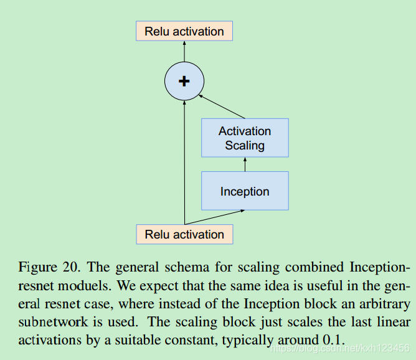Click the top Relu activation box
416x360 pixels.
(184, 31)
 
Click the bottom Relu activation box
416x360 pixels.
(184, 234)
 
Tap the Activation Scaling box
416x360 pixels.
(245, 138)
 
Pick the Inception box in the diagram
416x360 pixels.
(245, 191)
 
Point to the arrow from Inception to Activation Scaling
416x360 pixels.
(245, 164)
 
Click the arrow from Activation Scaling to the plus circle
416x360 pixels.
(223, 106)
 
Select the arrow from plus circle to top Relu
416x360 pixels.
(184, 51)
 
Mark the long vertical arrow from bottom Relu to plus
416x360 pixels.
(184, 162)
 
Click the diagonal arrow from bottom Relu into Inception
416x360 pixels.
(215, 217)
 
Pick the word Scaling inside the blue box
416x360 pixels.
(245, 146)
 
